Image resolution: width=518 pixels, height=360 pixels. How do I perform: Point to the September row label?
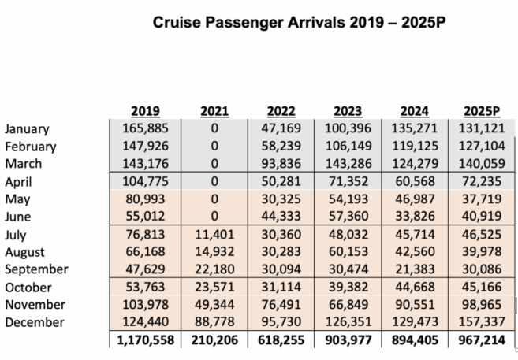click(x=36, y=269)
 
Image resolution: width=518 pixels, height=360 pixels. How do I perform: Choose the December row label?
click(x=35, y=322)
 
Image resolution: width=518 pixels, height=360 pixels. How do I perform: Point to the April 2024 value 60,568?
click(x=413, y=182)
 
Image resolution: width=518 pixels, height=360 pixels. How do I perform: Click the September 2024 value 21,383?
click(x=413, y=269)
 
